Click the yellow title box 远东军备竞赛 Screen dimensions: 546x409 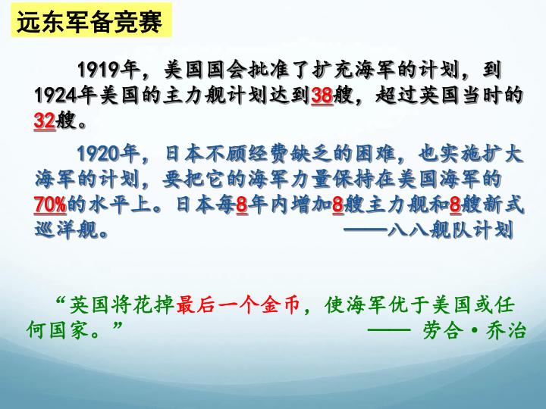tap(92, 20)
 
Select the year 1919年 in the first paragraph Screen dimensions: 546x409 tap(108, 70)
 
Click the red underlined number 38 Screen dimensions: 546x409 tap(322, 95)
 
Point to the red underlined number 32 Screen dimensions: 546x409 tap(45, 121)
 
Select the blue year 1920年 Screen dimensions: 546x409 tap(108, 153)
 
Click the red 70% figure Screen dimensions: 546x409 tap(50, 204)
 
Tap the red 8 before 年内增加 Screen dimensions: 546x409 tap(242, 204)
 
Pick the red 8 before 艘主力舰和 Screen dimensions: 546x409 tap(337, 204)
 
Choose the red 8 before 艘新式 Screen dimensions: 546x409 tap(456, 204)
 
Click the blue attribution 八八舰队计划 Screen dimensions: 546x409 tap(450, 229)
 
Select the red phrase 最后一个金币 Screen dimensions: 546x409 tap(238, 304)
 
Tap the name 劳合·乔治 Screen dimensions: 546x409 tap(474, 329)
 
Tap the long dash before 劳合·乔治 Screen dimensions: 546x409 tap(389, 329)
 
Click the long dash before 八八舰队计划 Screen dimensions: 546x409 tap(366, 229)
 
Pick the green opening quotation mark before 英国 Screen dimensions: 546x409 tap(61, 300)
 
